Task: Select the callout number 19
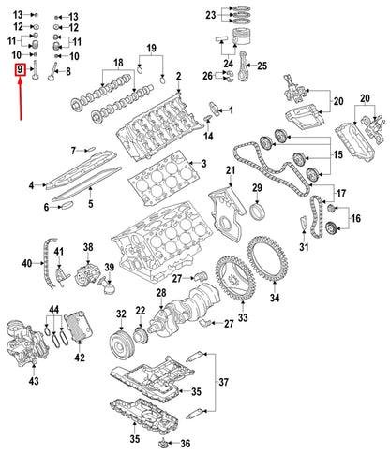(x=151, y=48)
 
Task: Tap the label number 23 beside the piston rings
(x=211, y=16)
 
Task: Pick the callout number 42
(x=79, y=357)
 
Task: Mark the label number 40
(x=26, y=265)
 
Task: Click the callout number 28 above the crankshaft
(x=160, y=294)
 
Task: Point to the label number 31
(x=303, y=247)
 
